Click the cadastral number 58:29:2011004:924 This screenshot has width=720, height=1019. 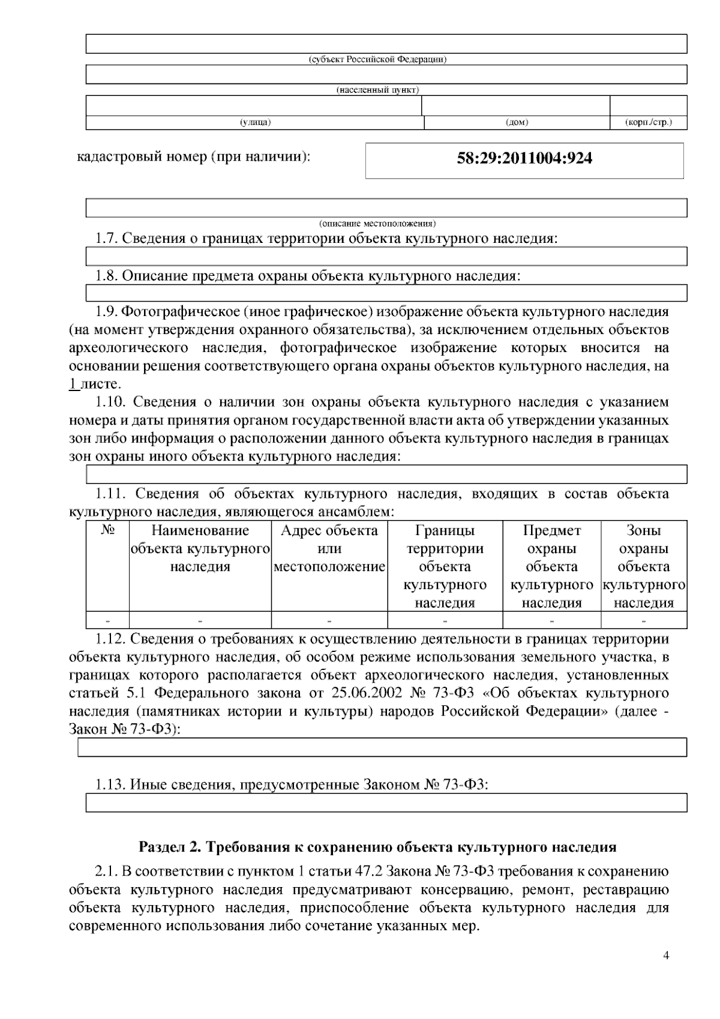524,158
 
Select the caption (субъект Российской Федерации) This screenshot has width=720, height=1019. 377,59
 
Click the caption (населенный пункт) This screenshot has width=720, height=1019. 377,90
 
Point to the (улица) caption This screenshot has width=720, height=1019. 256,122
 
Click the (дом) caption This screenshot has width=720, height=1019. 517,122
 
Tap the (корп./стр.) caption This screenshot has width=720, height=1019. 648,122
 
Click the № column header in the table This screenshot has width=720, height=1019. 108,531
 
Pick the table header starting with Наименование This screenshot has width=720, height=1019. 200,548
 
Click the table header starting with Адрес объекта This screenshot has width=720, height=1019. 329,548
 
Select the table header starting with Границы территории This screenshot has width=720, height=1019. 445,566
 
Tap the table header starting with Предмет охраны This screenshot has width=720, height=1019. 551,566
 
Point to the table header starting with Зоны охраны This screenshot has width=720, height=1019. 644,566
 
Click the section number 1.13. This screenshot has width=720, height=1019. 110,784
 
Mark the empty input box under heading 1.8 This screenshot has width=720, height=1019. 386,293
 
